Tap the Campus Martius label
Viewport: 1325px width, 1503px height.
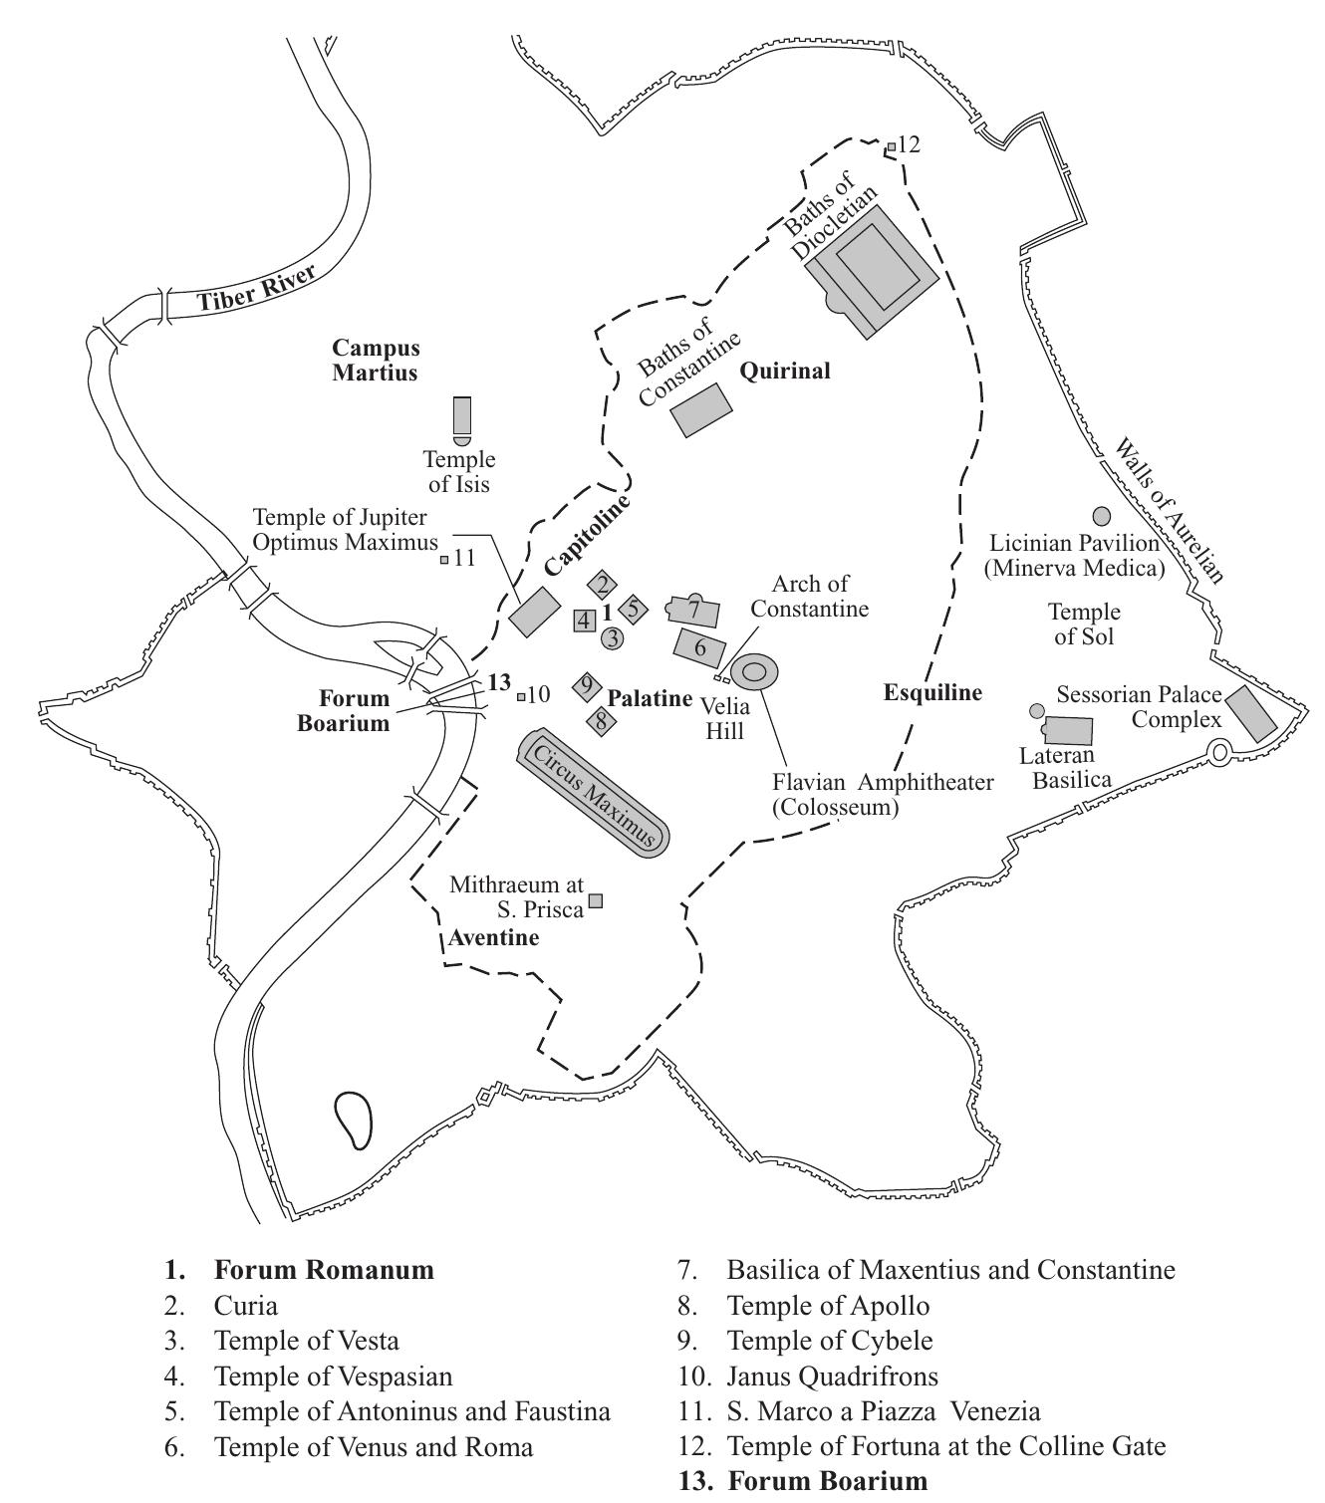coord(376,360)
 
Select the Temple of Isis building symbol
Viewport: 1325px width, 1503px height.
coord(462,415)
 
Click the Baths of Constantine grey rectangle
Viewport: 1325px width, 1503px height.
coord(701,409)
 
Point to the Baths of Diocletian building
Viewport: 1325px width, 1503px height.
coord(873,271)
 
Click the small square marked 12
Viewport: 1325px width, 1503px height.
coord(891,147)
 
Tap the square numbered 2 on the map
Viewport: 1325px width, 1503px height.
coord(602,586)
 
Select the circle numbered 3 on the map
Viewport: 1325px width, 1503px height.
coord(613,638)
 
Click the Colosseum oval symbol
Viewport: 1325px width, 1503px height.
coord(754,671)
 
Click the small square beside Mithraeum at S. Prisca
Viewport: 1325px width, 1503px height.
coord(595,900)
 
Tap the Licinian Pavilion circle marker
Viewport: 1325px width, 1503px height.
coord(1102,516)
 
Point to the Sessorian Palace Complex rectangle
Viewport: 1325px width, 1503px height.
coord(1251,714)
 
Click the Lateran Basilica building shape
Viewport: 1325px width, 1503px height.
coord(1067,730)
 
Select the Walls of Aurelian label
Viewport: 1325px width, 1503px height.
coord(1170,510)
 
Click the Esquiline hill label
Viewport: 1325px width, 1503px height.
coord(932,693)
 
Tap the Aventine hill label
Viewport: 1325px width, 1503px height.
coord(493,937)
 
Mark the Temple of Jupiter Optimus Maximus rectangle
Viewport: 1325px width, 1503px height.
coord(534,612)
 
